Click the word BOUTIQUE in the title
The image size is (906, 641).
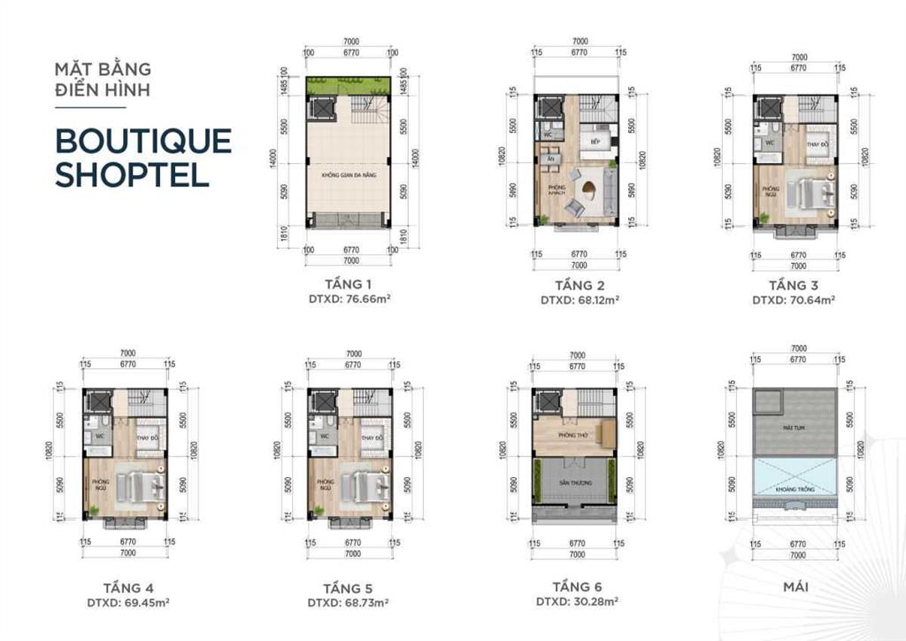coord(142,141)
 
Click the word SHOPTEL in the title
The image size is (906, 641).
coord(132,174)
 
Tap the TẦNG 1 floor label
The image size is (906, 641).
coord(349,284)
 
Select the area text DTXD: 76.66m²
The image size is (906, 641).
coord(349,299)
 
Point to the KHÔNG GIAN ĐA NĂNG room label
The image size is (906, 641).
coord(349,175)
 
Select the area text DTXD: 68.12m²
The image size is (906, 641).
coord(580,299)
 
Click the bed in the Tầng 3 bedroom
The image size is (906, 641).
coord(812,190)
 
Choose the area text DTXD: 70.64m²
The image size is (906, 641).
coord(794,299)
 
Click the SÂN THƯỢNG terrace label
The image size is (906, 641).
coord(574,483)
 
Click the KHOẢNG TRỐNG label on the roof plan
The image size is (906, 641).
coord(794,489)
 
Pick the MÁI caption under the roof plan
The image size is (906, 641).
coord(794,586)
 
